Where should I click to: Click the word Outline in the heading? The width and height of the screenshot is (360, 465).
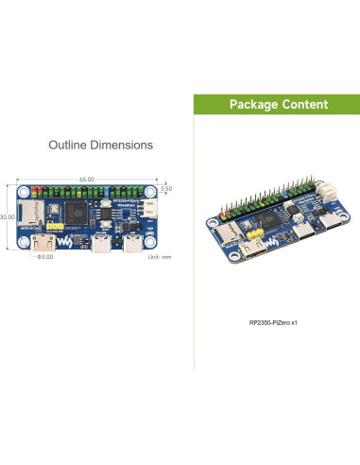pos(67,146)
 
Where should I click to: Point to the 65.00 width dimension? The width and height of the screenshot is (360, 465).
pos(87,179)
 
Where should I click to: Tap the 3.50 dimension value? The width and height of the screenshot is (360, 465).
pos(166,189)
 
